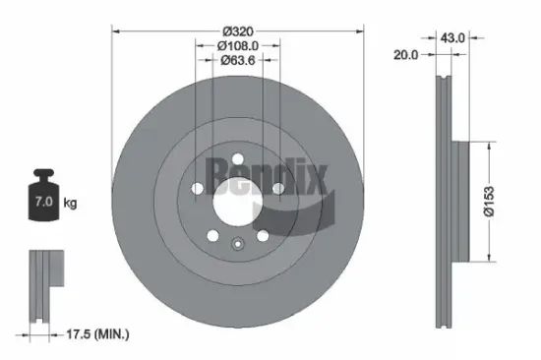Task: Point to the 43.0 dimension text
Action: click(x=452, y=38)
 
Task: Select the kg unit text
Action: click(x=70, y=204)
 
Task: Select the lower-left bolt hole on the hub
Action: click(x=210, y=231)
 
